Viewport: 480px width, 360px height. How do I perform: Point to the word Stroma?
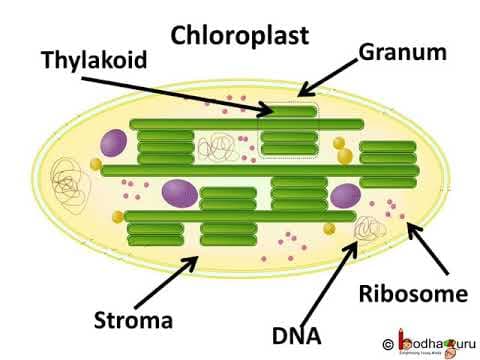pos(133,321)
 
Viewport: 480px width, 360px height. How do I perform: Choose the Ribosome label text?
pos(413,294)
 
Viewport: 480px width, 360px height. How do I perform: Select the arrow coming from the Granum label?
pos(330,77)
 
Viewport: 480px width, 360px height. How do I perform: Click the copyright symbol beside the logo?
pos(387,340)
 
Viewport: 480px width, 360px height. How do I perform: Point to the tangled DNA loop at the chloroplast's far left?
pos(67,182)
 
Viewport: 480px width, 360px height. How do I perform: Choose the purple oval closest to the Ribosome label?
pos(346,195)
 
